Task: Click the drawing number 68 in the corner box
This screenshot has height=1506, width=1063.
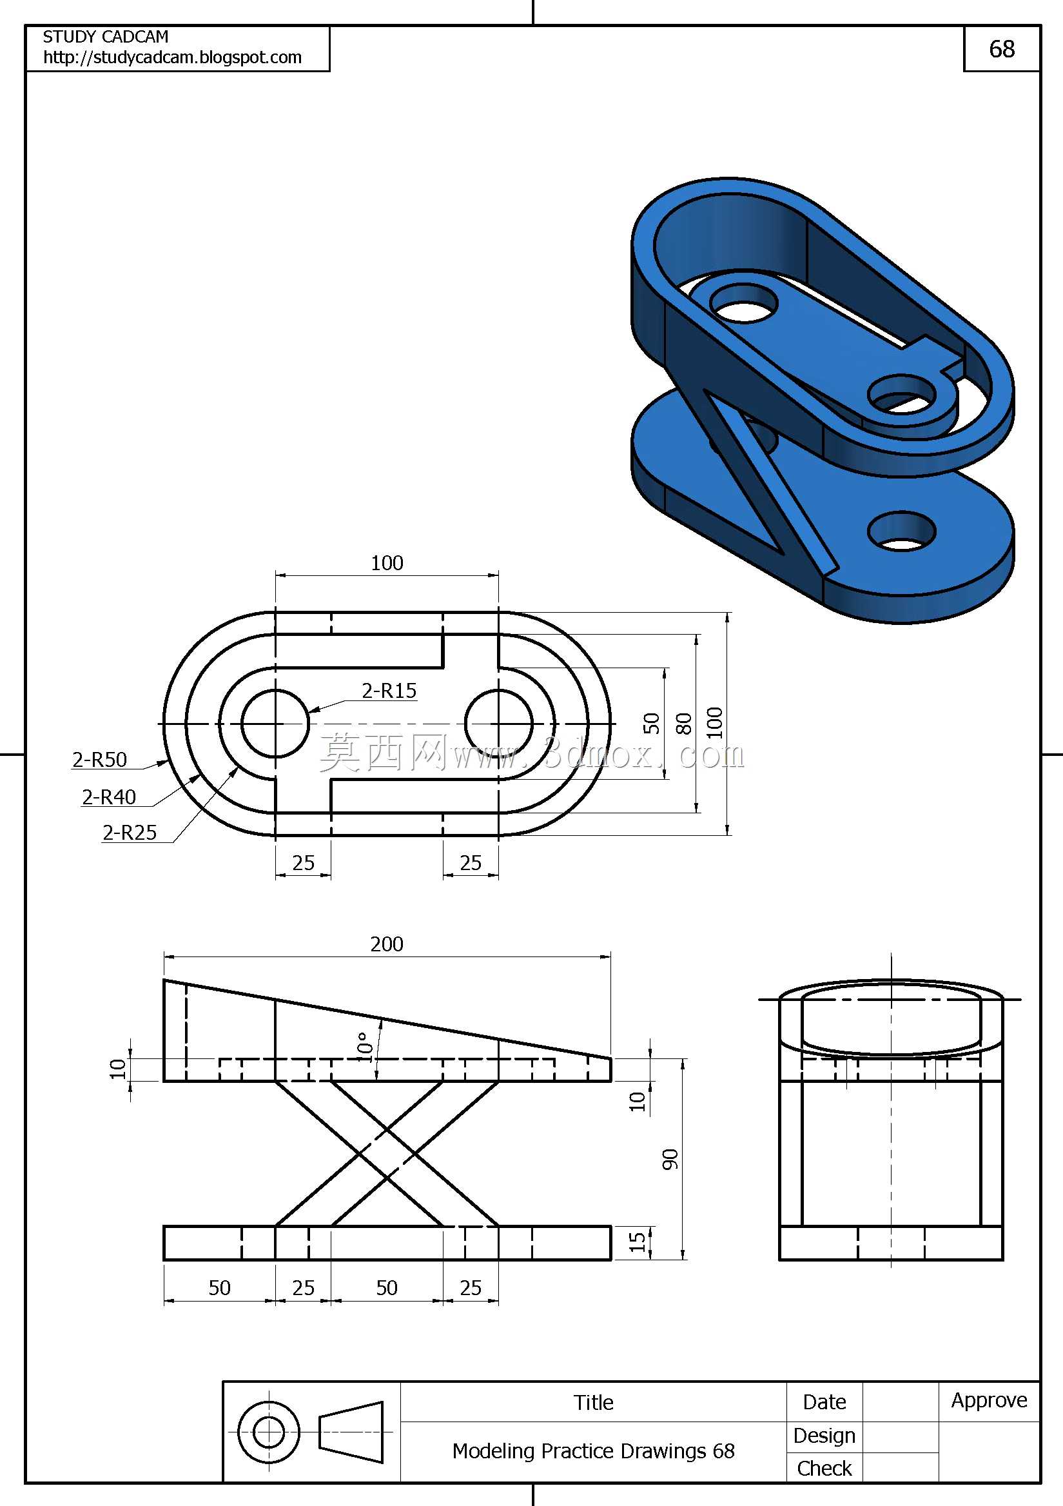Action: pos(1001,49)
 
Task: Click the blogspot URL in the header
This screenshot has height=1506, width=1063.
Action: pos(173,57)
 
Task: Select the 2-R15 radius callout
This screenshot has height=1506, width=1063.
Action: pos(389,691)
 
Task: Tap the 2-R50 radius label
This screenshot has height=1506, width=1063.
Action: pos(100,760)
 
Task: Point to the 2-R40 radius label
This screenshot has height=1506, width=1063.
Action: pos(109,797)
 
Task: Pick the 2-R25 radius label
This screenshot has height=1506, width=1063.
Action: pos(130,833)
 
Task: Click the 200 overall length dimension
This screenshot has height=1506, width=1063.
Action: pos(387,944)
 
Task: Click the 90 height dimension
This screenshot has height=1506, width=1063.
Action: pos(670,1159)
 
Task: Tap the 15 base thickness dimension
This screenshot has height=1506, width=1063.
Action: pos(637,1242)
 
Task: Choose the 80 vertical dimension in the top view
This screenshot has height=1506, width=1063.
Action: pos(683,724)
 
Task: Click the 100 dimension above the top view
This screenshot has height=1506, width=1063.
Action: pos(387,563)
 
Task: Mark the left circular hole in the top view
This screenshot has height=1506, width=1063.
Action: pos(275,724)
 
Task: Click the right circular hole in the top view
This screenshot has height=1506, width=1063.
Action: pos(499,724)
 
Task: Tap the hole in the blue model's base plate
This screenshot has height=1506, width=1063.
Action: pos(902,531)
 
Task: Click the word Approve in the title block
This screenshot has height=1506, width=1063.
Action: pos(990,1400)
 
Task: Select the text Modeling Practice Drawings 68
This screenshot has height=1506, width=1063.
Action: pos(594,1451)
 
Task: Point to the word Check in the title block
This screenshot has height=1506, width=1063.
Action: pos(824,1469)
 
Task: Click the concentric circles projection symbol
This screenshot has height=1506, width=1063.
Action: pos(269,1432)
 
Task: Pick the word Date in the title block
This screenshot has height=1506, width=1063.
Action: pos(824,1402)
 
